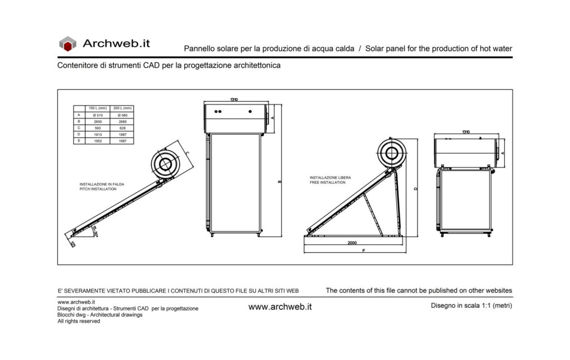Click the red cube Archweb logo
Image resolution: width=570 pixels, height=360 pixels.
(67, 43)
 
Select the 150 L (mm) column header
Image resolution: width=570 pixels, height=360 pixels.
(98, 108)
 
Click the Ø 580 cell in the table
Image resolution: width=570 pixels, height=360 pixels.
(122, 115)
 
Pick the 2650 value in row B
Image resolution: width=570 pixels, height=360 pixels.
(98, 121)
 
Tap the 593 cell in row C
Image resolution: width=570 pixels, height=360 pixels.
(98, 128)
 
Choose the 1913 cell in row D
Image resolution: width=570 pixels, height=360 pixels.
(98, 135)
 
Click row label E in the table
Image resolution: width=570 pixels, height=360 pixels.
(79, 141)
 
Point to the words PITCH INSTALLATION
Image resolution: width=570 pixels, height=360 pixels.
(98, 189)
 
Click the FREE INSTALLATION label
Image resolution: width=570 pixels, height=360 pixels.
(328, 183)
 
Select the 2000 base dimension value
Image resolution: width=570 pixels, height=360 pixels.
(352, 243)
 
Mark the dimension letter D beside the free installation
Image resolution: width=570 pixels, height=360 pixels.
(416, 189)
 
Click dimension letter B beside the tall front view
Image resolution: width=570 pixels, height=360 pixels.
(279, 181)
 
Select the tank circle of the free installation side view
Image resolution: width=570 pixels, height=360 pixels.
(392, 154)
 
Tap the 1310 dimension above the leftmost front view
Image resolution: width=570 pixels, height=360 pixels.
(234, 100)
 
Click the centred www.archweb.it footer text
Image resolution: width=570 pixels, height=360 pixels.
(279, 307)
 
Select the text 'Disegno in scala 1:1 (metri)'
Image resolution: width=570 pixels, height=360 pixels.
(471, 305)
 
